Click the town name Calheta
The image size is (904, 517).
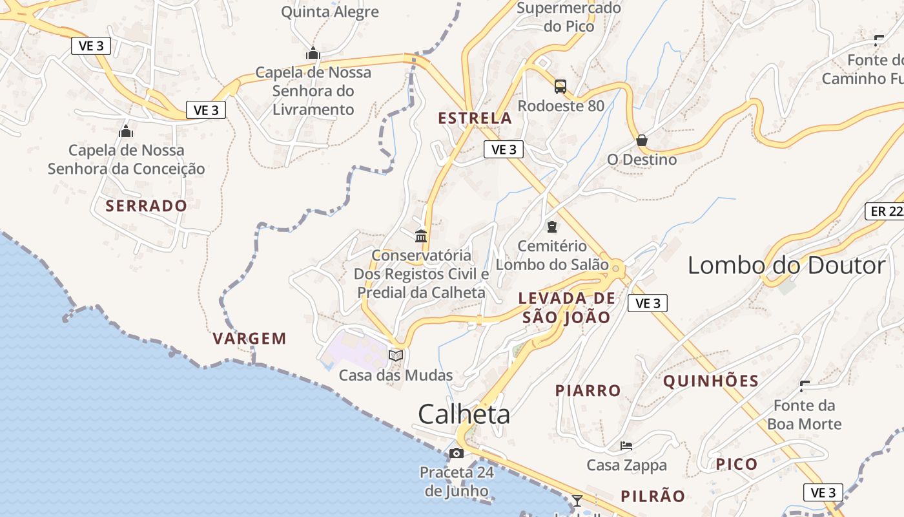pyautogui.click(x=464, y=414)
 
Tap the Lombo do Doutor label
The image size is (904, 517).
pyautogui.click(x=786, y=266)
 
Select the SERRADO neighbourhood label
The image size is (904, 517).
pyautogui.click(x=147, y=206)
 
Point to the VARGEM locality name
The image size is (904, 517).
pyautogui.click(x=249, y=339)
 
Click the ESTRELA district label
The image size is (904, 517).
pyautogui.click(x=475, y=118)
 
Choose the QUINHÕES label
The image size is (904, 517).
pyautogui.click(x=711, y=381)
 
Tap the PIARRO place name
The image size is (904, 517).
pyautogui.click(x=588, y=391)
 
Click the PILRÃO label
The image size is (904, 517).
pyautogui.click(x=653, y=496)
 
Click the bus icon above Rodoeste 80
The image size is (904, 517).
pyautogui.click(x=560, y=86)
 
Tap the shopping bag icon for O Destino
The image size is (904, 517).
pyautogui.click(x=642, y=140)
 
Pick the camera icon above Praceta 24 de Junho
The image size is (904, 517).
pyautogui.click(x=457, y=453)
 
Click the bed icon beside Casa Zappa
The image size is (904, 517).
pyautogui.click(x=626, y=445)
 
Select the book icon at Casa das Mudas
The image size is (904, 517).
pyautogui.click(x=396, y=355)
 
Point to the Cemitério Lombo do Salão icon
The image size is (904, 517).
pyautogui.click(x=552, y=227)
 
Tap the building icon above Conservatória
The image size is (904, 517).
pyautogui.click(x=422, y=236)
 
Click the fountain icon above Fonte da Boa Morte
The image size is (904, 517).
pyautogui.click(x=805, y=386)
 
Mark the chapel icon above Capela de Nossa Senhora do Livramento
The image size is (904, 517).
pyautogui.click(x=313, y=53)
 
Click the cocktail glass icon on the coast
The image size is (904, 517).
pyautogui.click(x=577, y=500)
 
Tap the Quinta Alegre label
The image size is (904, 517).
pyautogui.click(x=330, y=12)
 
